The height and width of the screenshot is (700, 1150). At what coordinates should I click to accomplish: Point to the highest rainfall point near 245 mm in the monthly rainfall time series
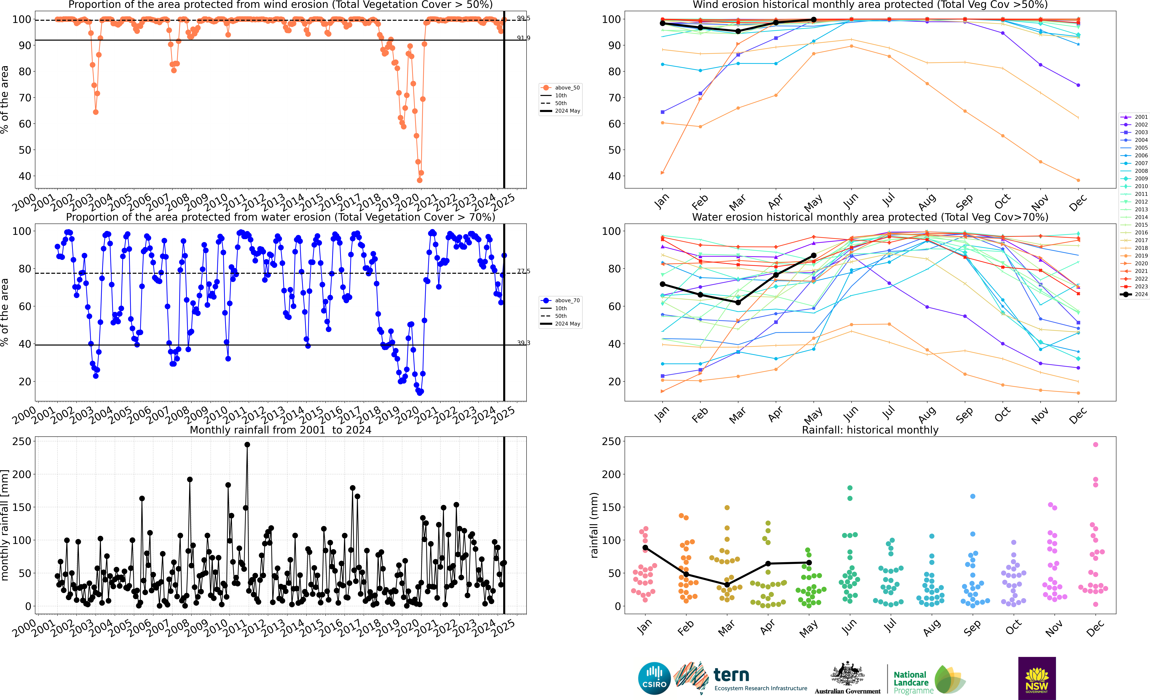(247, 445)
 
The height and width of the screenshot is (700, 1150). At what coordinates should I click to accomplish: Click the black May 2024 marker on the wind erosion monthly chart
(813, 20)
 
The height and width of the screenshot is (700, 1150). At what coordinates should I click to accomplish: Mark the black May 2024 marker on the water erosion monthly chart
(813, 256)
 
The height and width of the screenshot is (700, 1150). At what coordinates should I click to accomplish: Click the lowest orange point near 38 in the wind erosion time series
(420, 180)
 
